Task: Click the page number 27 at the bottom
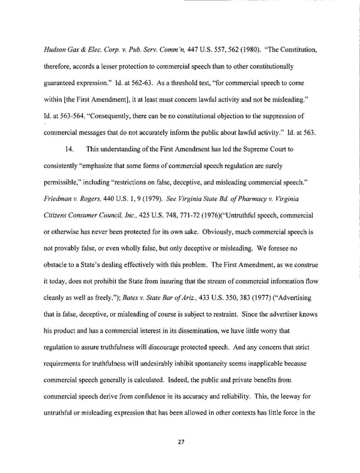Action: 180,442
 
